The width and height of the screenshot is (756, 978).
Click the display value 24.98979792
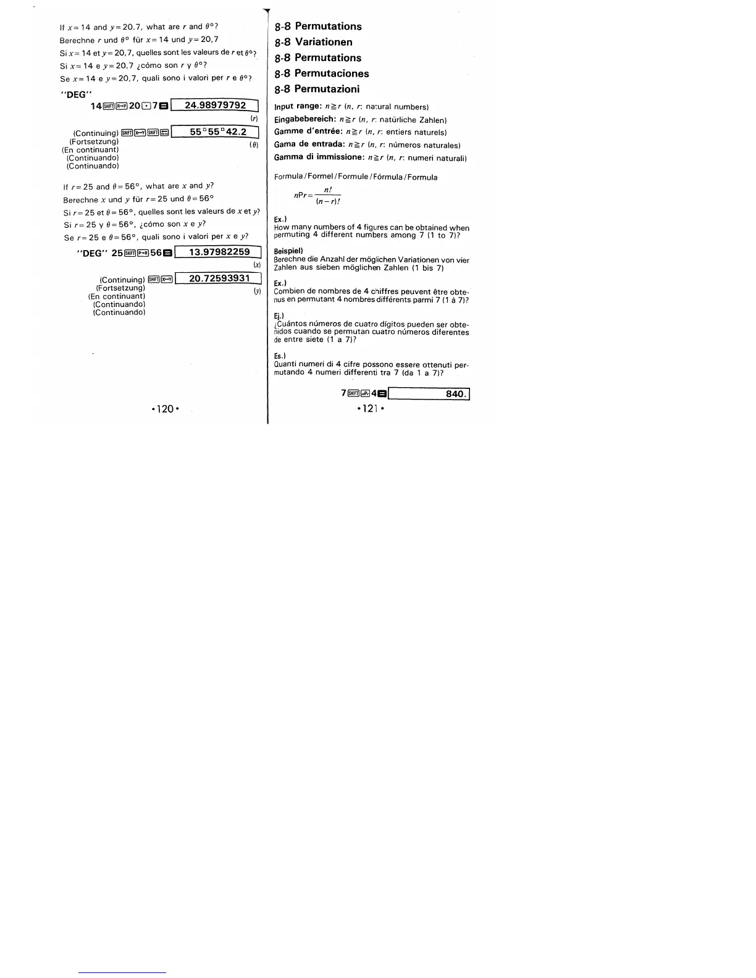pyautogui.click(x=215, y=106)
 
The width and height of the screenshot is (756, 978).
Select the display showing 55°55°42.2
pyautogui.click(x=217, y=132)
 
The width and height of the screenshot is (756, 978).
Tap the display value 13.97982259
pyautogui.click(x=219, y=252)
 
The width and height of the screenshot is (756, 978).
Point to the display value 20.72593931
pyautogui.click(x=219, y=278)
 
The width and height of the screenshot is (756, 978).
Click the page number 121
pyautogui.click(x=370, y=408)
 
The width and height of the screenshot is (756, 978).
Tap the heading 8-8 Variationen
pyautogui.click(x=314, y=42)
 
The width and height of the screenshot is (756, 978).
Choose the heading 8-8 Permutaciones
pyautogui.click(x=322, y=73)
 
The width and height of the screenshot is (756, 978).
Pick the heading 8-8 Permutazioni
pyautogui.click(x=317, y=89)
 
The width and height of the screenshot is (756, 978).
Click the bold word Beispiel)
pyautogui.click(x=288, y=251)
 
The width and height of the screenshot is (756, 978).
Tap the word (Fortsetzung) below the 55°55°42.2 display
pyautogui.click(x=94, y=141)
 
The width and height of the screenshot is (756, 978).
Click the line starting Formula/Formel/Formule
pyautogui.click(x=356, y=177)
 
